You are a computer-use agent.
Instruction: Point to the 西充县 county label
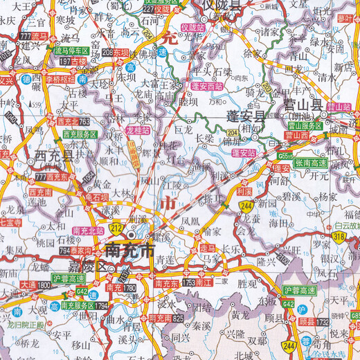49,156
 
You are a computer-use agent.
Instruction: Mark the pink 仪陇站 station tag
192,27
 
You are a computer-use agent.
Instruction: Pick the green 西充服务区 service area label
80,134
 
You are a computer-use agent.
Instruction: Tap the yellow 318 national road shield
339,237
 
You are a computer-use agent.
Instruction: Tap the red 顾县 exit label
330,323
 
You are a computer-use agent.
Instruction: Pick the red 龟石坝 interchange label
89,196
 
